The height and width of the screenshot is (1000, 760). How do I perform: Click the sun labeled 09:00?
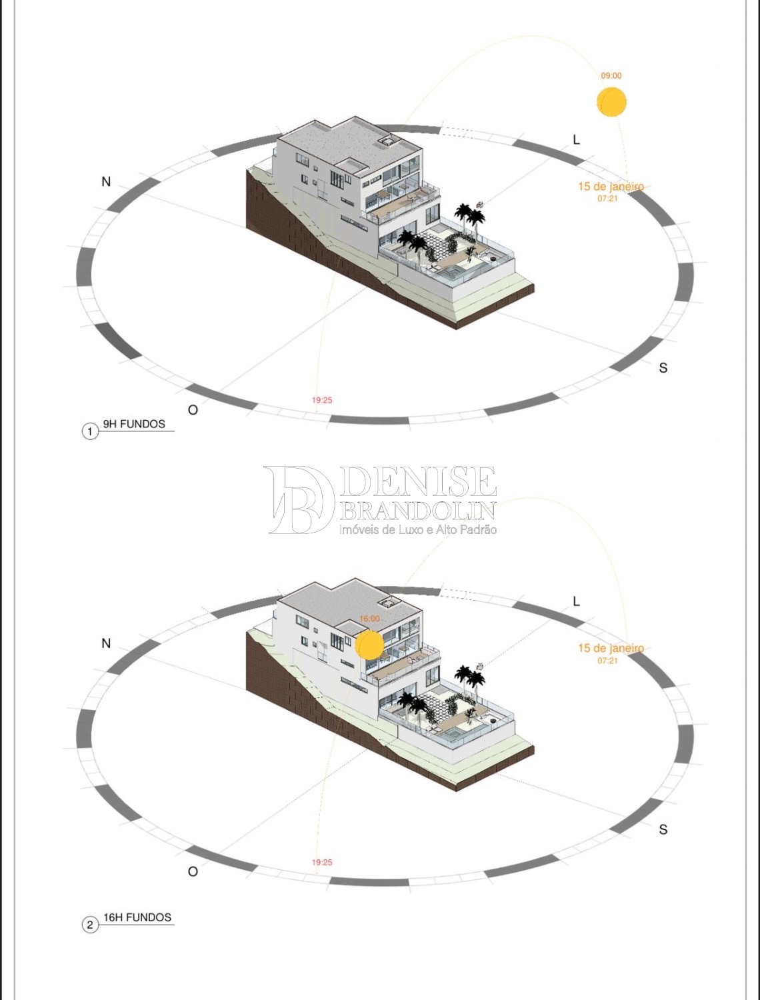pyautogui.click(x=611, y=101)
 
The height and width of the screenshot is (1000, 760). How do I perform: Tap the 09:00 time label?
pyautogui.click(x=611, y=75)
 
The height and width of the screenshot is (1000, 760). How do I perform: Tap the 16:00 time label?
pyautogui.click(x=369, y=619)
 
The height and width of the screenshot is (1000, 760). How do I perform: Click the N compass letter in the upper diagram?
pyautogui.click(x=106, y=182)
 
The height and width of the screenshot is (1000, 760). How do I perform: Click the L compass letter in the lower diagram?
pyautogui.click(x=577, y=601)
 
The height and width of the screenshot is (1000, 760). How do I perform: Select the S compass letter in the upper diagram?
pyautogui.click(x=663, y=367)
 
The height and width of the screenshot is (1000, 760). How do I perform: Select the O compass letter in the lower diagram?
pyautogui.click(x=193, y=871)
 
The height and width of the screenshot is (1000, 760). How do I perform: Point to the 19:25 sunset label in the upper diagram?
pyautogui.click(x=322, y=400)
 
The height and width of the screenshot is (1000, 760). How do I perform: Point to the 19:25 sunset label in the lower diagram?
pyautogui.click(x=322, y=862)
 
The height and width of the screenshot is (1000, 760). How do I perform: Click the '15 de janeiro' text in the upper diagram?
pyautogui.click(x=611, y=186)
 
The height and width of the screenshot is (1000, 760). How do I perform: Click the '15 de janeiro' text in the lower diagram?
pyautogui.click(x=611, y=648)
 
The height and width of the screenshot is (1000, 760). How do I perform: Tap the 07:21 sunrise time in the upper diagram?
pyautogui.click(x=608, y=199)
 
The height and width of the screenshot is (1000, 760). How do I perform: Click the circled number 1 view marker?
pyautogui.click(x=90, y=431)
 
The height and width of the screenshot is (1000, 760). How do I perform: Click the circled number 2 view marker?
pyautogui.click(x=90, y=925)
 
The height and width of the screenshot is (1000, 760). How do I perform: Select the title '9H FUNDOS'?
pyautogui.click(x=134, y=424)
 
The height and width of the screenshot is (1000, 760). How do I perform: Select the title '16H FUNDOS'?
pyautogui.click(x=137, y=917)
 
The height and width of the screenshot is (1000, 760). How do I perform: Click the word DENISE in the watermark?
pyautogui.click(x=418, y=482)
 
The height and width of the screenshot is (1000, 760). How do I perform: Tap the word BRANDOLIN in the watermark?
pyautogui.click(x=418, y=511)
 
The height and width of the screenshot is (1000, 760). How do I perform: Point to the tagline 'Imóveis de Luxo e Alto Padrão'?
pyautogui.click(x=418, y=529)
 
